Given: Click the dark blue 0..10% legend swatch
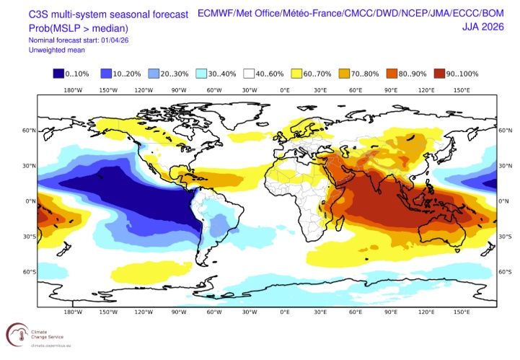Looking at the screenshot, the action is click(x=58, y=74).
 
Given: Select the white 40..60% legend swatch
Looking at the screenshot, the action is click(x=249, y=74).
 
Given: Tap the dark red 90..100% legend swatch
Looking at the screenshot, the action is click(x=439, y=74).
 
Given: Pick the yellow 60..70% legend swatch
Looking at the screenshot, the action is click(x=296, y=74).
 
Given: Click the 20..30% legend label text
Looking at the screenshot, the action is click(x=175, y=74).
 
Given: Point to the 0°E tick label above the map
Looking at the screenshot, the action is click(x=285, y=90).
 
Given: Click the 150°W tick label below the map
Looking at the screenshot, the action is click(x=108, y=312).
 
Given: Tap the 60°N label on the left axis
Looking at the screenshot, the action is click(x=29, y=131).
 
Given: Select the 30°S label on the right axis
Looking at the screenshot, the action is click(x=504, y=237).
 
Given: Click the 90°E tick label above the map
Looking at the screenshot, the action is click(x=391, y=90).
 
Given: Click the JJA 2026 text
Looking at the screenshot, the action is click(x=483, y=27).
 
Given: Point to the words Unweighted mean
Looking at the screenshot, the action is click(x=57, y=50).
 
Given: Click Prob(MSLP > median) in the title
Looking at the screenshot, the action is click(x=79, y=29).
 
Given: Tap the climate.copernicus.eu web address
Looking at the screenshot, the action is click(x=51, y=346).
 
